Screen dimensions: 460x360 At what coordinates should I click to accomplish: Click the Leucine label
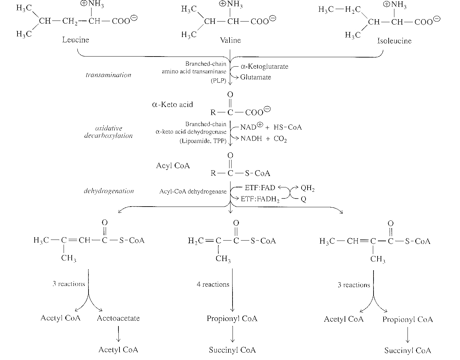click(76, 40)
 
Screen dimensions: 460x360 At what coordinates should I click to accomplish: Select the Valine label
click(230, 40)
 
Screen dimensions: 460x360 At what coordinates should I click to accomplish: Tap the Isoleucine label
click(394, 41)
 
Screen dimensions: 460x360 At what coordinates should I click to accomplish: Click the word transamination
click(108, 75)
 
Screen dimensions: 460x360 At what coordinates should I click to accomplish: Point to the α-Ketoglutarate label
click(264, 67)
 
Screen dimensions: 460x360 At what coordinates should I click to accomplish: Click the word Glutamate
click(255, 77)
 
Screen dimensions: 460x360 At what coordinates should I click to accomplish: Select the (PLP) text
click(218, 81)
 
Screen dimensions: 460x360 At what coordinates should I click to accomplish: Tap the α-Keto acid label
click(173, 105)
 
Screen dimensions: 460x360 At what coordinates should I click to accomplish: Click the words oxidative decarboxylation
click(108, 132)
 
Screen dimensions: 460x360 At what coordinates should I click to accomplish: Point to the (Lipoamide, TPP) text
click(203, 141)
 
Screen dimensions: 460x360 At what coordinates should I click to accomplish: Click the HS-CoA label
click(288, 127)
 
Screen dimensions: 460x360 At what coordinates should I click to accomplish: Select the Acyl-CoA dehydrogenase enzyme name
click(193, 191)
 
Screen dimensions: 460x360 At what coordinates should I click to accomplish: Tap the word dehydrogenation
click(109, 191)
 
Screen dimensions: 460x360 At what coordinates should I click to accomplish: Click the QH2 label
click(308, 188)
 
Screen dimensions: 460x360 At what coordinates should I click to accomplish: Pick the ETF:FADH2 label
click(260, 199)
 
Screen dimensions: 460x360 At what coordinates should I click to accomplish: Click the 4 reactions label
click(213, 284)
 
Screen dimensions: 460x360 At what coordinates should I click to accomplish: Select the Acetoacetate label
click(118, 318)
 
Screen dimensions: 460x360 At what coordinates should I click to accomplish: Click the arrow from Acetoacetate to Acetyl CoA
click(118, 334)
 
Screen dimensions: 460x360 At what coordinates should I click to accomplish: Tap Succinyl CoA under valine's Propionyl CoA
click(232, 350)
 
